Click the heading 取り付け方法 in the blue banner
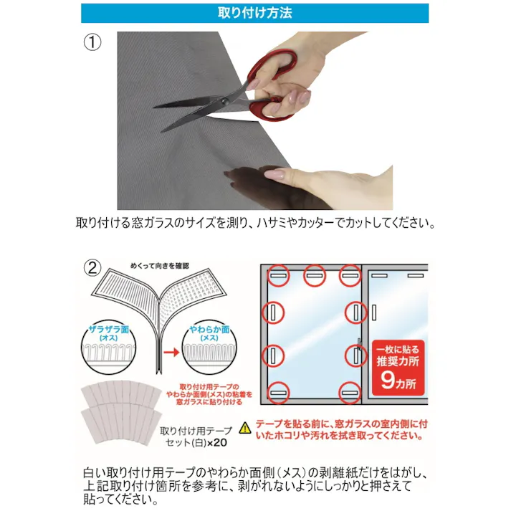point(255,13)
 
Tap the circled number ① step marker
point(92,42)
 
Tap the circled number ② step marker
point(92,268)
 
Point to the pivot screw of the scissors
point(224,101)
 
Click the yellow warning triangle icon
point(245,429)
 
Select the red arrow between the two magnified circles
point(171,353)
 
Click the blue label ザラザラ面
point(109,330)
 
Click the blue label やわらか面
point(209,330)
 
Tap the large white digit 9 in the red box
point(388,380)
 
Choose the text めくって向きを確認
point(160,266)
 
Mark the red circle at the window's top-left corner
point(279,276)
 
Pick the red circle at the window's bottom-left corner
point(279,393)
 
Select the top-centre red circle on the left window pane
point(315,276)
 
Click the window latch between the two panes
point(359,344)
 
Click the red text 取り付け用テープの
point(209,387)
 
